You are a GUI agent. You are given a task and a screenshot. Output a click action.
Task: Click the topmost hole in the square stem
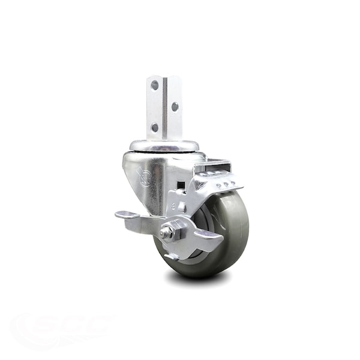pyautogui.click(x=155, y=85)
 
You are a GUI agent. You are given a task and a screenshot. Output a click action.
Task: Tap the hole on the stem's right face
pyautogui.click(x=175, y=106)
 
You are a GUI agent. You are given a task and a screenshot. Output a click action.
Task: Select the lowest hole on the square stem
pyautogui.click(x=155, y=127)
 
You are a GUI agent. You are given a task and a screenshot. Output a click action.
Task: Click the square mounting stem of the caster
pyautogui.click(x=164, y=108)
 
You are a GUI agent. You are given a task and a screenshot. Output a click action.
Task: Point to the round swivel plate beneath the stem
pyautogui.click(x=164, y=145)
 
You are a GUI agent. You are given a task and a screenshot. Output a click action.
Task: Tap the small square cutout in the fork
pyautogui.click(x=181, y=185)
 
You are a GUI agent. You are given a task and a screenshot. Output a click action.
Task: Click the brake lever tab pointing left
pyautogui.click(x=128, y=215)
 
